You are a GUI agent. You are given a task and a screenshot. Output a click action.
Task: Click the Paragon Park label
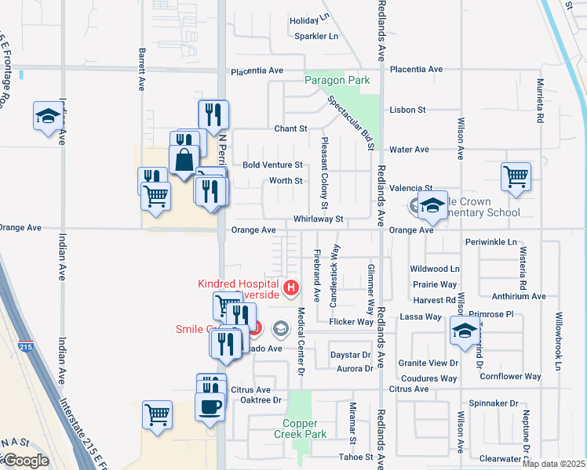(337, 80)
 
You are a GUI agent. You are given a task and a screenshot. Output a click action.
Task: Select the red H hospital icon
(291, 288)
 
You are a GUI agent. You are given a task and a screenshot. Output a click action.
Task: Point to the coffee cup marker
(211, 407)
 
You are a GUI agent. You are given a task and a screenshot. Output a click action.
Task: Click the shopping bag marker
(184, 161)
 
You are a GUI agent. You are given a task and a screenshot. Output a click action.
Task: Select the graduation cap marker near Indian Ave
(48, 116)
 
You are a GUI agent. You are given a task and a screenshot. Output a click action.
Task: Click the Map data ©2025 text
(552, 464)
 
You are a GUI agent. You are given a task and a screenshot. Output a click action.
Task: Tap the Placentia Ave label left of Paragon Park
(257, 70)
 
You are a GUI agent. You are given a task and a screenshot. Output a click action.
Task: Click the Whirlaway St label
(319, 220)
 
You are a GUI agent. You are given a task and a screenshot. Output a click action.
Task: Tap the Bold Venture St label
(272, 165)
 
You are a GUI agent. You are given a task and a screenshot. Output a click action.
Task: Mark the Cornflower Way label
(511, 377)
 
